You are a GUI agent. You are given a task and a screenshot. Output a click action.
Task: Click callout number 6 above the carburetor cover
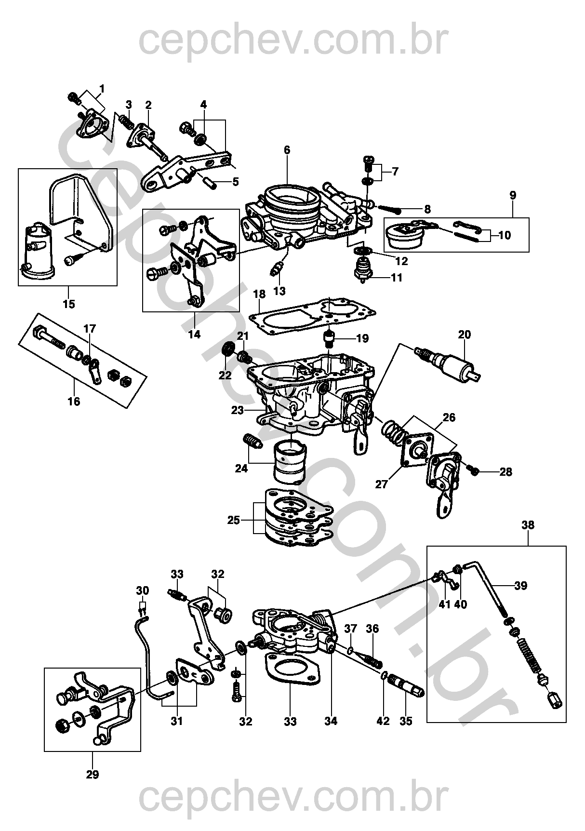coord(287,150)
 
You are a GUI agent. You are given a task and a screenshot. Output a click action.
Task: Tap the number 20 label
coord(465,335)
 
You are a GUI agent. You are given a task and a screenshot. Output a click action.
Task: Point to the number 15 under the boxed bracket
coord(68,304)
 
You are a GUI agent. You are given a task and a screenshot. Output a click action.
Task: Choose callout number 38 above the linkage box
coord(528,525)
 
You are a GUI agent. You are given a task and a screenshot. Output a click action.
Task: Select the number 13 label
coord(279,291)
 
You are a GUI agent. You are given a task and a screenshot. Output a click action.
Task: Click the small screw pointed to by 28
coord(473,471)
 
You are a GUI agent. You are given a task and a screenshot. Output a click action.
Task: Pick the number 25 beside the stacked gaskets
coord(234,520)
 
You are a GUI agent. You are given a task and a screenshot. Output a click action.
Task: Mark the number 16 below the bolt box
coord(74,401)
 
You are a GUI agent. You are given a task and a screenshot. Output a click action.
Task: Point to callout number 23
coord(238,410)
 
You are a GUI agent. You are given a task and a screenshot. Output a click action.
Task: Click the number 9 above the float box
coord(513,195)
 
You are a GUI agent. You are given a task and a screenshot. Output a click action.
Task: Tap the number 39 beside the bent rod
coord(520,586)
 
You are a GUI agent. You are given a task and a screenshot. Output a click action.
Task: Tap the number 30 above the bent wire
coord(143,590)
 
